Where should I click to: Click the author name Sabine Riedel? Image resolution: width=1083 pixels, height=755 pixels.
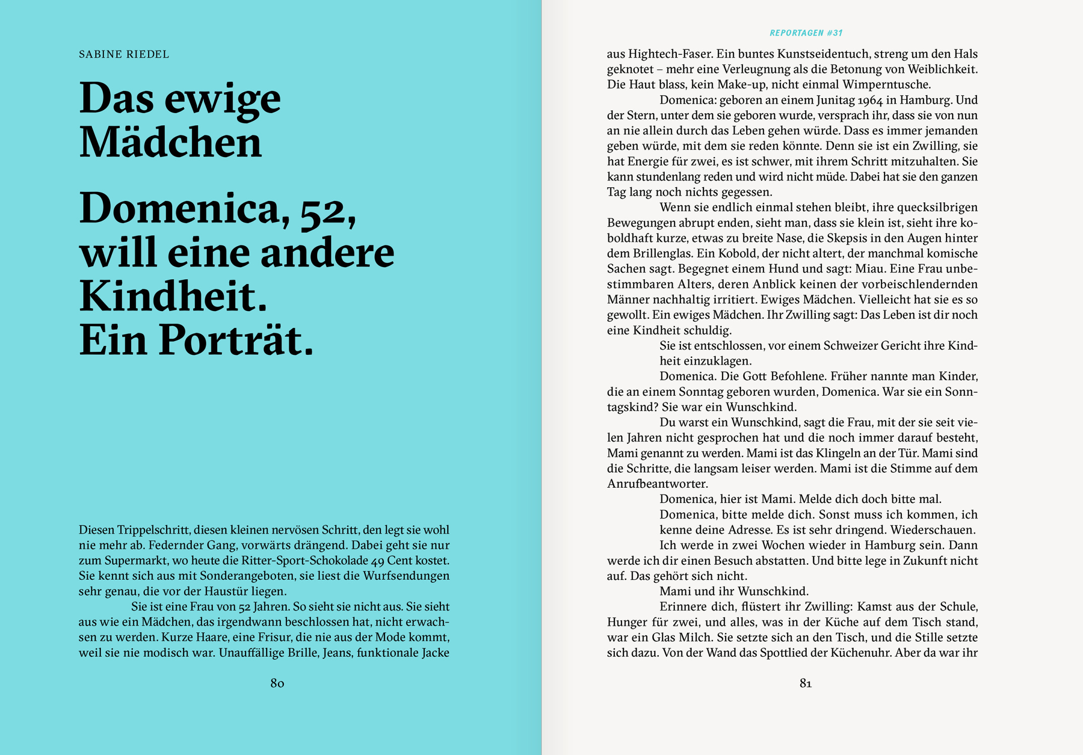coord(124,54)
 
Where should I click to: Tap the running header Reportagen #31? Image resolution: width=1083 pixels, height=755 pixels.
coord(806,33)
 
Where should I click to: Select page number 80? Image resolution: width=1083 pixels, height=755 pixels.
coord(277,683)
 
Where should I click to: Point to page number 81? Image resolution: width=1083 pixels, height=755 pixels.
coord(806,683)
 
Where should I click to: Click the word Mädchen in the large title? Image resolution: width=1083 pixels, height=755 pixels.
coord(171,142)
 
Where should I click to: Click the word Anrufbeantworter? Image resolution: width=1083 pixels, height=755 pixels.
coord(657,484)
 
